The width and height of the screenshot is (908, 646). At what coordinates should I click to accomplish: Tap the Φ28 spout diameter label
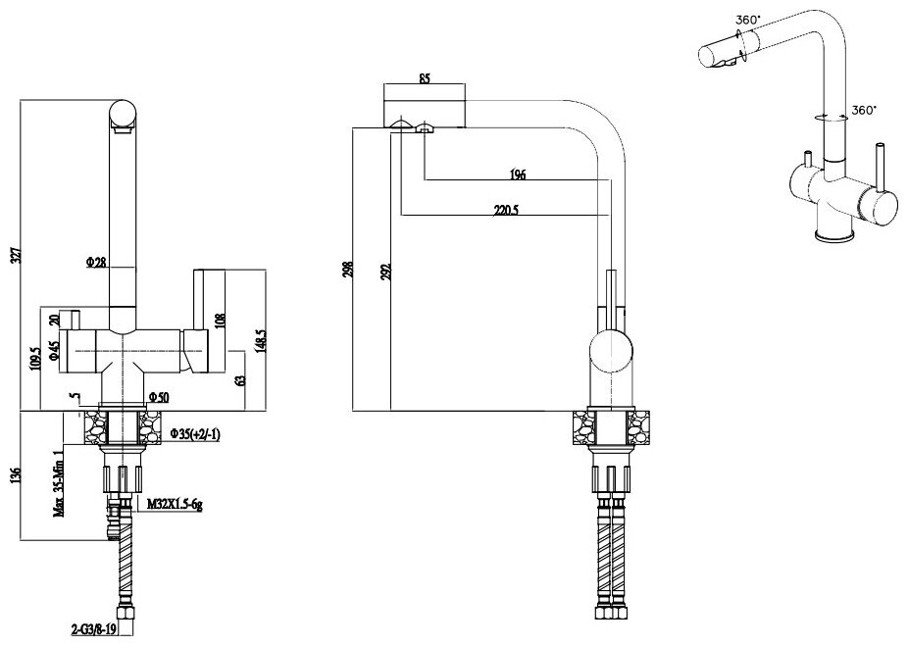click(96, 262)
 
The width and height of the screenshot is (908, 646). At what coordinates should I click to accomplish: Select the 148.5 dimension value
click(259, 340)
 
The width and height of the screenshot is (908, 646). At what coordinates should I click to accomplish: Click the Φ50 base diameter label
click(158, 397)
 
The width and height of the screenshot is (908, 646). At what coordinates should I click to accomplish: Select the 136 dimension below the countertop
click(13, 475)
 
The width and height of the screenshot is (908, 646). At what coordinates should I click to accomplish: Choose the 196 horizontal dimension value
click(518, 174)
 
